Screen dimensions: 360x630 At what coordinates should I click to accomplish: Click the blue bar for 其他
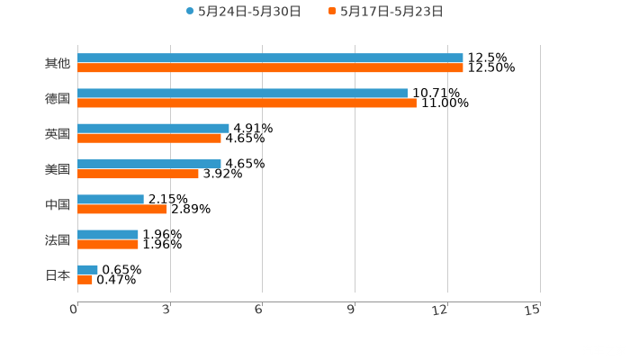point(270,58)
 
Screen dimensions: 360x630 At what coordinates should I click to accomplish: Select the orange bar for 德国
point(247,103)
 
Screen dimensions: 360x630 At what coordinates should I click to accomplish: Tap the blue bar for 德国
point(242,93)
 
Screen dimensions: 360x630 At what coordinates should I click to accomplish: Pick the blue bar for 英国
point(153,128)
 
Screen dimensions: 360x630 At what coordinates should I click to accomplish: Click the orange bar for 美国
point(138,174)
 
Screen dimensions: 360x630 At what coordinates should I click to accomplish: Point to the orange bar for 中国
point(122,209)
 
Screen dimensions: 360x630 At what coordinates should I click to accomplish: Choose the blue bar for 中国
point(111,199)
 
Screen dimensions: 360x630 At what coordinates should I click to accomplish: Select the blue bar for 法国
point(108,234)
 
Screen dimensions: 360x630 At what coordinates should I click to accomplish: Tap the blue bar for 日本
point(87,269)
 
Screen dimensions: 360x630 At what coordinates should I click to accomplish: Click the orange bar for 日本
point(85,280)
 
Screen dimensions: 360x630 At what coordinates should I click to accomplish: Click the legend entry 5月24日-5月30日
point(243,12)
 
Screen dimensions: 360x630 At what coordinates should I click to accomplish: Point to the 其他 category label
point(57,63)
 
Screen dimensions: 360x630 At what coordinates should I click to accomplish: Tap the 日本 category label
point(57,274)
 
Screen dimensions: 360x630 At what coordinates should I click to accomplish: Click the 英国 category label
point(57,133)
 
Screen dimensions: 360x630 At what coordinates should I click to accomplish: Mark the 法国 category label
point(57,239)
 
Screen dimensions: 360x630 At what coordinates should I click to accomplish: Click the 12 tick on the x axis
point(441,310)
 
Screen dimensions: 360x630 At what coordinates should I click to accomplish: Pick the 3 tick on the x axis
point(166,310)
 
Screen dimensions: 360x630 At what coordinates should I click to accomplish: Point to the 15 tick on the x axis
point(533,310)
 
